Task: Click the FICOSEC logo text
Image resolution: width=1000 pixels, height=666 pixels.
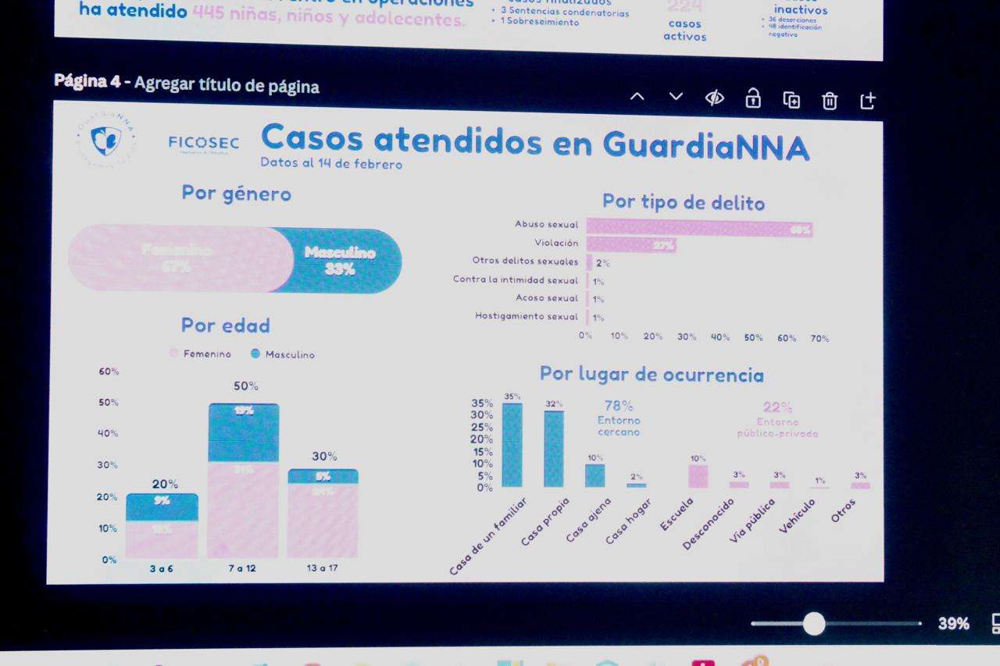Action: coord(203,143)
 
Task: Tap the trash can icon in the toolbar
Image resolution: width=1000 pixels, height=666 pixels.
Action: coord(830,100)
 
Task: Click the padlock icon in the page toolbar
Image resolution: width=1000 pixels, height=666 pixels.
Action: coord(752,98)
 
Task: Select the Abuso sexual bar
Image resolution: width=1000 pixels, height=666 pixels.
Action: coord(699,228)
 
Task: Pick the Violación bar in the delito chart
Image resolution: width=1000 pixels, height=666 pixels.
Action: coord(631,245)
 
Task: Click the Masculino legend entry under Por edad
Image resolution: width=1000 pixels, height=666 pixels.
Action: coord(283,354)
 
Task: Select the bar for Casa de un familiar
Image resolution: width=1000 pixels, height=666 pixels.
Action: coord(512,445)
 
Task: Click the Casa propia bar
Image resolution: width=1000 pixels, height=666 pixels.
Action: coord(554,449)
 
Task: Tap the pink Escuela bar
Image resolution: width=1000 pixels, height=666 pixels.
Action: coord(698,476)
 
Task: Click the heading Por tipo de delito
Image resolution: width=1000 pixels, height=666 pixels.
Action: coord(684,202)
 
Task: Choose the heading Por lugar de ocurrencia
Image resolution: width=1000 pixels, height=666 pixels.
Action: coord(652,374)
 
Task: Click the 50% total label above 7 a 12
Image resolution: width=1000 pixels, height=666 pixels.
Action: coord(246,386)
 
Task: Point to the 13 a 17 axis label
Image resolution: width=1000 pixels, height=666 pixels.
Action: coord(322,568)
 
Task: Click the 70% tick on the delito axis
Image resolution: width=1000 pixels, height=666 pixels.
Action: coord(820,338)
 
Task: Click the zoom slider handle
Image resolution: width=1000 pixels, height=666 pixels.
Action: coord(814,624)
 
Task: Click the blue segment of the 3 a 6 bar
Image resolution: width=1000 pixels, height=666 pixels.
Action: coord(162,507)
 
